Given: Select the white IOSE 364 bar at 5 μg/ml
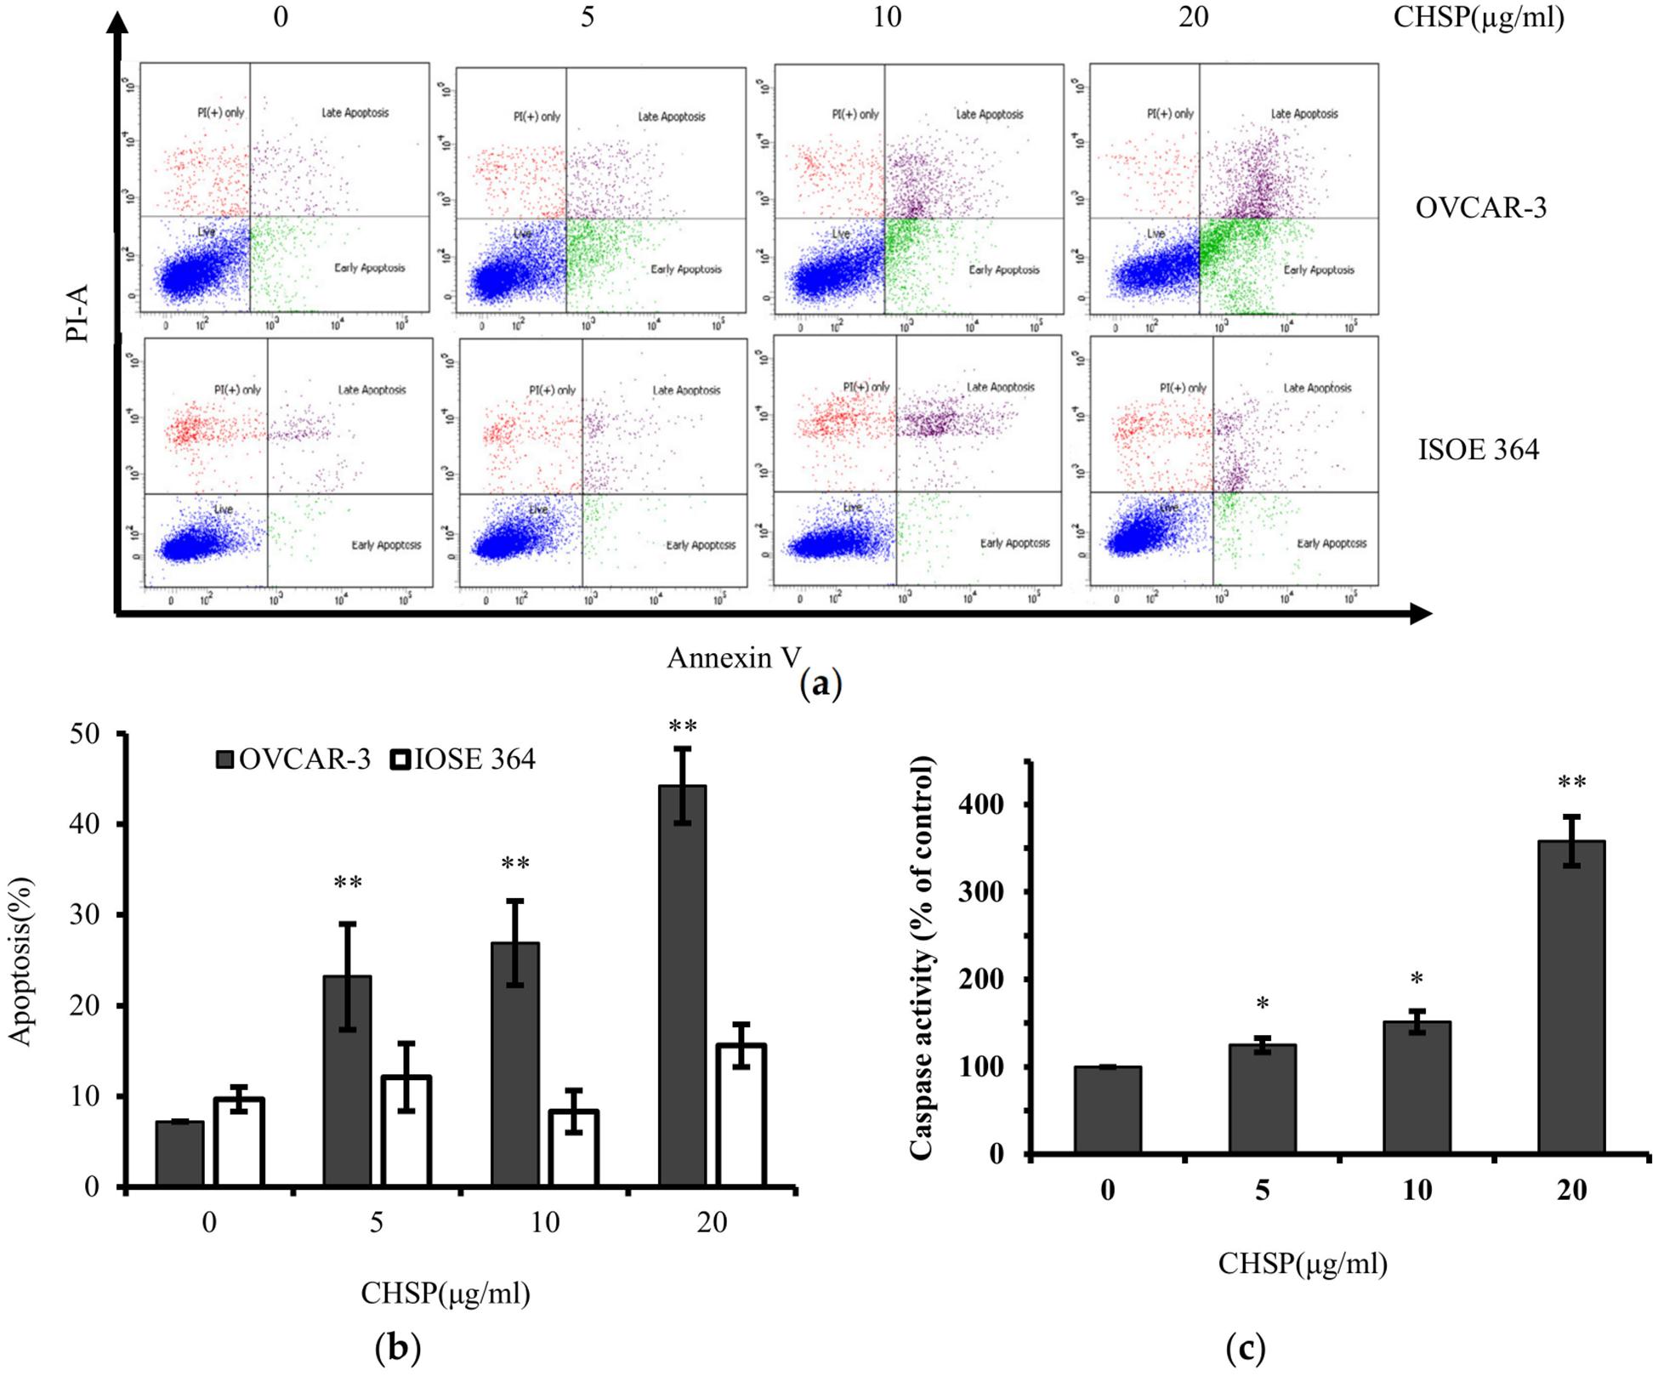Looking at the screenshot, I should pos(406,1130).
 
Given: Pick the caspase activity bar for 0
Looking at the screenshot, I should pos(1107,1110).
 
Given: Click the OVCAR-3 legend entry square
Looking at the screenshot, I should pos(225,759).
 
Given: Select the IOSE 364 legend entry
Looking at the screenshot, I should pos(463,759).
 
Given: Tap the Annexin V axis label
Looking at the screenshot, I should pos(733,657).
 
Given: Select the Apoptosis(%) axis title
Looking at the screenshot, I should pos(20,961).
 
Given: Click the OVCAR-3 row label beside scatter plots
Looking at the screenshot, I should pos(1480,208).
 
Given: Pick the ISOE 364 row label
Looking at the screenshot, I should pos(1478,449).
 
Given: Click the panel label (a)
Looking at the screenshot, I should pos(820,684).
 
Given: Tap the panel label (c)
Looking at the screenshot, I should pos(1246,1347).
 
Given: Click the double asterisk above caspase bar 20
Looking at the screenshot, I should pos(1571,782).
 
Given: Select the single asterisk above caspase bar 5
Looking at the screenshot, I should pos(1263,1004).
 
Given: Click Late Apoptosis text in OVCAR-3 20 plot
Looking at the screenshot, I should pos(1303,114).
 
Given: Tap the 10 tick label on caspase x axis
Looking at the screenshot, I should pos(1417,1190).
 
